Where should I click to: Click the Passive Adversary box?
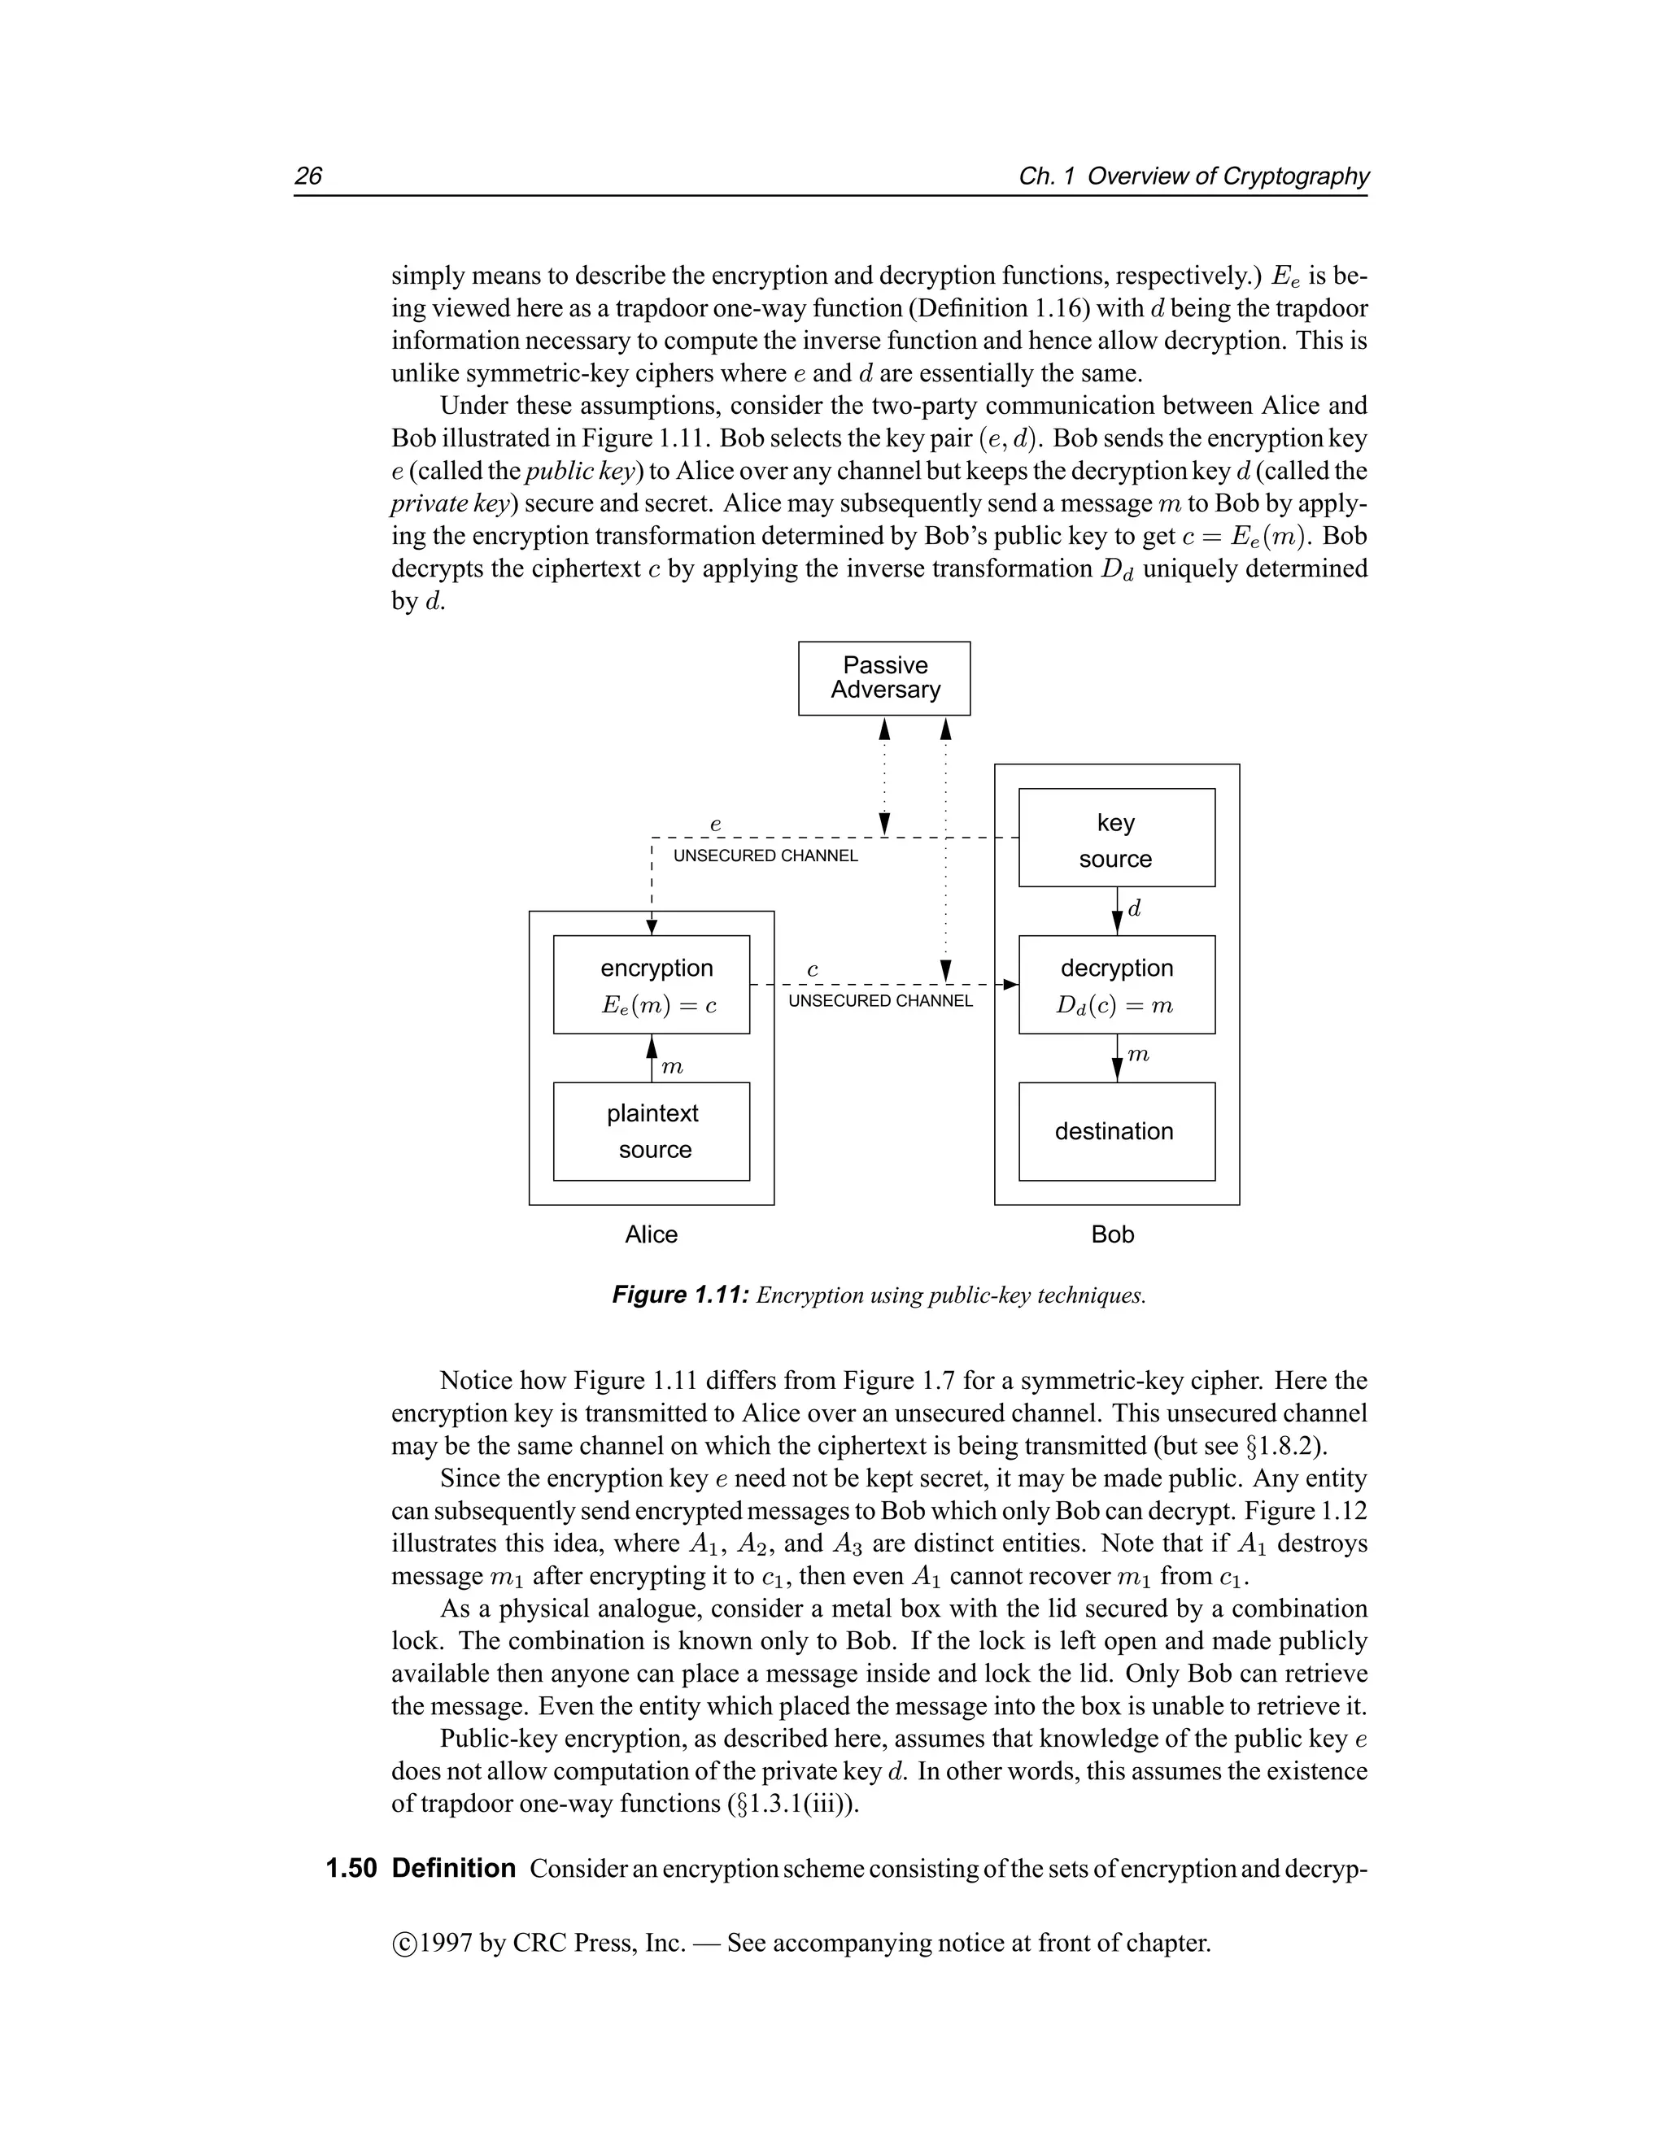[883, 678]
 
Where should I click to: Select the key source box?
[1116, 838]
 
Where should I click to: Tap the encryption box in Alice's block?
[652, 984]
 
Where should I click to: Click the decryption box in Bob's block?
[1116, 984]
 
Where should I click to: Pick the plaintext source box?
[652, 1131]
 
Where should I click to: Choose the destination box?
[1116, 1131]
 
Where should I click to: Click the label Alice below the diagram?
[651, 1234]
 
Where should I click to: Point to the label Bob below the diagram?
[1112, 1234]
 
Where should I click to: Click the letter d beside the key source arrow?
[1134, 909]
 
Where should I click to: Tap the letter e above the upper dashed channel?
[716, 823]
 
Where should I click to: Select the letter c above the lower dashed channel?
[813, 970]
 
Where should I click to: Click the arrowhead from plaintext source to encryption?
[652, 1046]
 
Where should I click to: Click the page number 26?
[308, 176]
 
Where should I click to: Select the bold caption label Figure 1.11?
[680, 1295]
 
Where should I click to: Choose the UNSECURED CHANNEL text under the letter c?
[880, 1000]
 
